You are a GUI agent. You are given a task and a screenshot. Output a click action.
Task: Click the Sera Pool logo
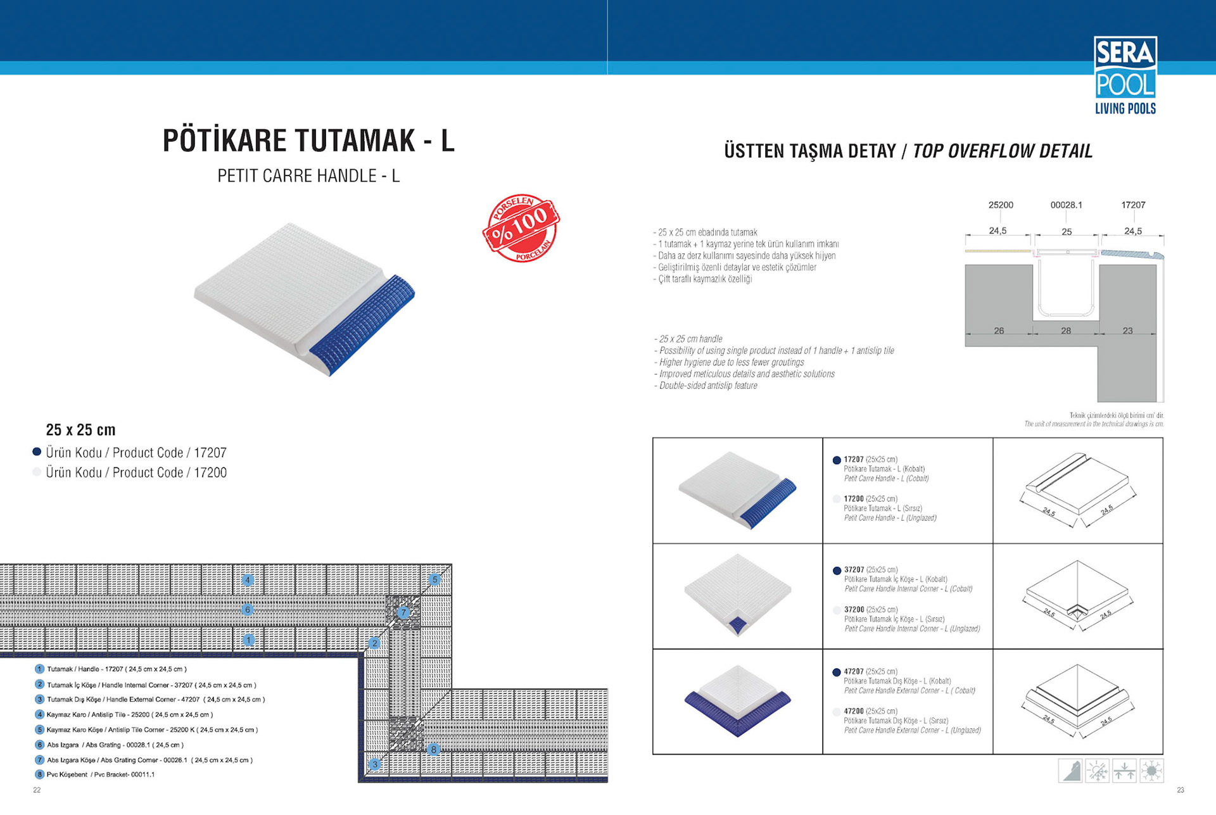click(x=1125, y=75)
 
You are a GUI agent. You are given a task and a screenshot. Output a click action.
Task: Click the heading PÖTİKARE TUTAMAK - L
click(x=308, y=141)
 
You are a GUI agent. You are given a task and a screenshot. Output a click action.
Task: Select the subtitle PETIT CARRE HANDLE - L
click(x=308, y=176)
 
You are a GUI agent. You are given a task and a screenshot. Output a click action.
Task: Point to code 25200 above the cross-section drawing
click(x=1001, y=205)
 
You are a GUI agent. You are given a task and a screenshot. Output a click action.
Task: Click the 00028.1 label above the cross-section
click(x=1067, y=205)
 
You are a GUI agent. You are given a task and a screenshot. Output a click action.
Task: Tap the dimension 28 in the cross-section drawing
click(x=1066, y=331)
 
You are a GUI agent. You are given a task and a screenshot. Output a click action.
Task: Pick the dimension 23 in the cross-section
click(x=1127, y=331)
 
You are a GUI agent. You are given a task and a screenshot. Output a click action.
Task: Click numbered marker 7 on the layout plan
click(x=403, y=612)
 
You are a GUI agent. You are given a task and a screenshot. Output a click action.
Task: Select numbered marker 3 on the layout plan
click(x=375, y=764)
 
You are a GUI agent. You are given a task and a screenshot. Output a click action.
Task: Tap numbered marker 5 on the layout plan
click(x=434, y=579)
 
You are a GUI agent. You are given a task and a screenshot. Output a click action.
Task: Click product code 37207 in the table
click(x=854, y=570)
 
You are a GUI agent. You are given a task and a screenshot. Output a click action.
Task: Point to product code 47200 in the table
click(x=854, y=711)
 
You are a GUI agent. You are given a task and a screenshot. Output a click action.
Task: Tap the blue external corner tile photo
click(x=738, y=702)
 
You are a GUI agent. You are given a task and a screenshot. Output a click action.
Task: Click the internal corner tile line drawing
click(x=1077, y=595)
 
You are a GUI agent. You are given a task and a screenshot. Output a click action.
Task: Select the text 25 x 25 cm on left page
click(x=80, y=430)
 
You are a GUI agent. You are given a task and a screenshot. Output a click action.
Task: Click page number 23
click(x=1181, y=790)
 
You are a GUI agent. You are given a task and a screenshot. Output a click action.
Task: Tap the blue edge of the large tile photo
click(x=364, y=323)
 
